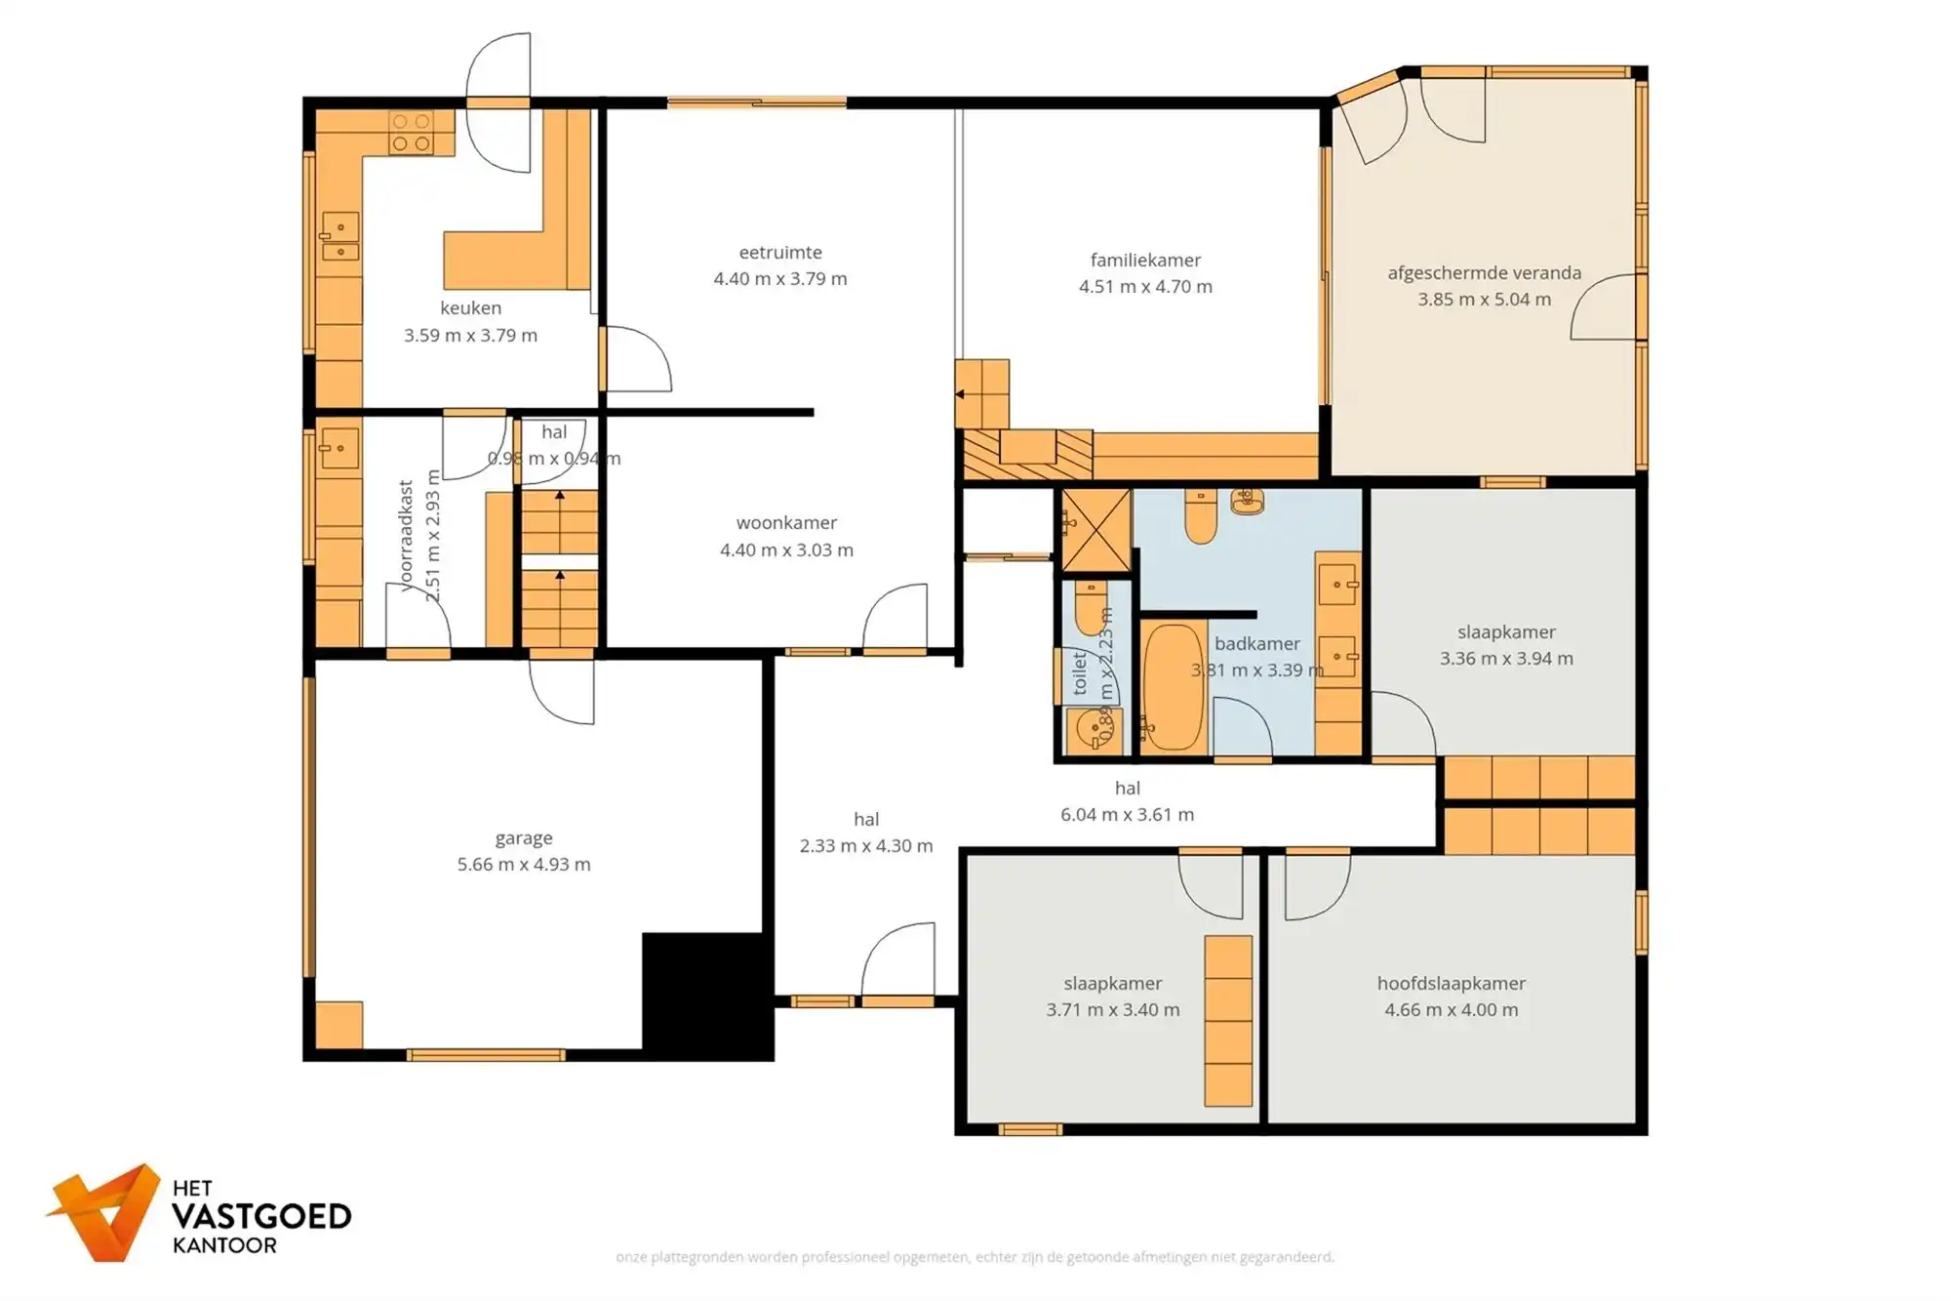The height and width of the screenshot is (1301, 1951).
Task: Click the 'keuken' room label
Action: [x=470, y=308]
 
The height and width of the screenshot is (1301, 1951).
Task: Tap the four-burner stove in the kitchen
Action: [x=411, y=133]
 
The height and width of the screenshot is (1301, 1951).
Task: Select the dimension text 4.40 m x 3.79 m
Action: [x=779, y=279]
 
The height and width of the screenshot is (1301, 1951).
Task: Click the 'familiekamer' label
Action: [x=1145, y=261]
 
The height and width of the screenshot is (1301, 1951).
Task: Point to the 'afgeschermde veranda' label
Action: [x=1484, y=273]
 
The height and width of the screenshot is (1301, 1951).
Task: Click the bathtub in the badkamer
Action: [x=1174, y=687]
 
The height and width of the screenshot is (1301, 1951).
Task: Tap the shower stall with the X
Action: [x=1095, y=530]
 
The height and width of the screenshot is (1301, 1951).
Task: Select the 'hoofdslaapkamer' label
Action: [x=1451, y=984]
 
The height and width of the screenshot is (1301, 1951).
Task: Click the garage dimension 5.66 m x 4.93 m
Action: [x=524, y=865]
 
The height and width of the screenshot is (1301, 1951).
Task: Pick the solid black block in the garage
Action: [x=706, y=996]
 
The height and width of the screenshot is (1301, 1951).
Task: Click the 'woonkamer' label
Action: [x=786, y=523]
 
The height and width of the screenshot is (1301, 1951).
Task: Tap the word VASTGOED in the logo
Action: [x=260, y=1217]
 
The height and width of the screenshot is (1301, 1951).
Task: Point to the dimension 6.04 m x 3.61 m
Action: [x=1127, y=815]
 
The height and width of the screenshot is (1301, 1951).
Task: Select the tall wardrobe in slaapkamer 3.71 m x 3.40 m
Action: [x=1227, y=1021]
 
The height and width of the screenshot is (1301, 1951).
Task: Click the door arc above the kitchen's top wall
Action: [x=498, y=68]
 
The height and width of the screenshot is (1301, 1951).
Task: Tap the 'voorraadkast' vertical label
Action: [x=407, y=535]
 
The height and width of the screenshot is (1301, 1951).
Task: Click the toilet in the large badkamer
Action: [x=1201, y=517]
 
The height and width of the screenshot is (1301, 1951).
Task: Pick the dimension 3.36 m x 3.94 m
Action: [x=1505, y=659]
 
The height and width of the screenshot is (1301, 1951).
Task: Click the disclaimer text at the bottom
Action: [x=975, y=1257]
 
